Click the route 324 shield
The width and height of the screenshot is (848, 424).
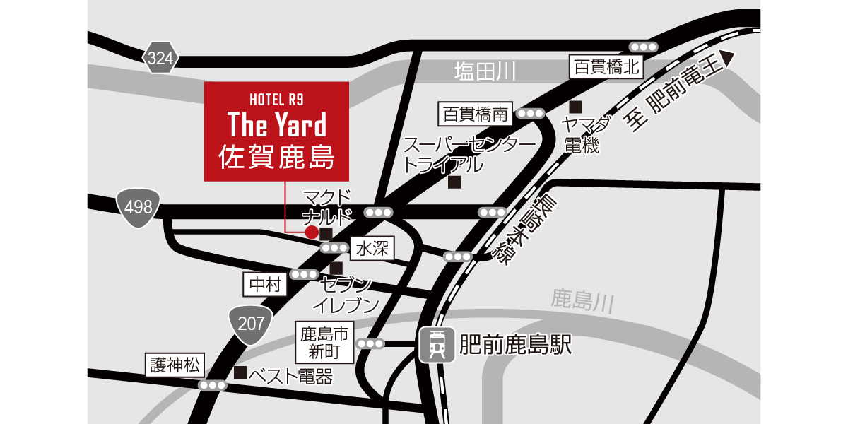pyautogui.click(x=160, y=59)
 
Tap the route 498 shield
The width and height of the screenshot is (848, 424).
pyautogui.click(x=138, y=208)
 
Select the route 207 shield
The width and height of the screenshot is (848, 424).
pyautogui.click(x=251, y=325)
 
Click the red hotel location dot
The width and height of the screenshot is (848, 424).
pyautogui.click(x=310, y=232)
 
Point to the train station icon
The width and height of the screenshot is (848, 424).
pyautogui.click(x=437, y=346)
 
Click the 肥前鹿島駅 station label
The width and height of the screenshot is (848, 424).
pyautogui.click(x=514, y=345)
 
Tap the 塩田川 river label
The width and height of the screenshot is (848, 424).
pyautogui.click(x=485, y=71)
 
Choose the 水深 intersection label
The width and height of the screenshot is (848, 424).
pyautogui.click(x=372, y=248)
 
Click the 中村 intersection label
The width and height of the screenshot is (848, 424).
pyautogui.click(x=265, y=284)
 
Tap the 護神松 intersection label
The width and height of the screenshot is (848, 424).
pyautogui.click(x=175, y=365)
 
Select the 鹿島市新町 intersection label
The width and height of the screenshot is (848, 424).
pyautogui.click(x=325, y=342)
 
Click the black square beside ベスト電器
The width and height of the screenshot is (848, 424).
pyautogui.click(x=240, y=372)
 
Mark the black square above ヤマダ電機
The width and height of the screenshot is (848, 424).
pyautogui.click(x=576, y=107)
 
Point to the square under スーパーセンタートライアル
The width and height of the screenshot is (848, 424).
pyautogui.click(x=454, y=182)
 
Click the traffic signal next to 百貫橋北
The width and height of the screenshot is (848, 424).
pyautogui.click(x=644, y=47)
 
